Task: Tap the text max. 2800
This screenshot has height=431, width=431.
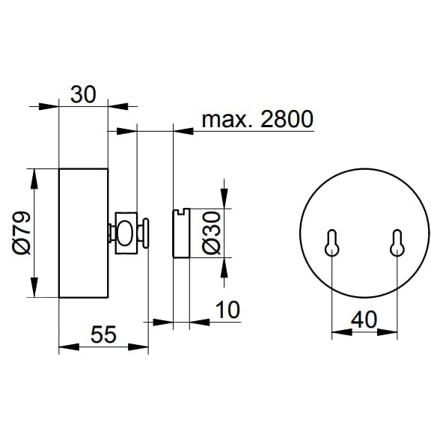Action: [257, 119]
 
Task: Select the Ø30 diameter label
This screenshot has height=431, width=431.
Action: [211, 233]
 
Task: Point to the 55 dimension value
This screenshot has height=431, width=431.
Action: [103, 334]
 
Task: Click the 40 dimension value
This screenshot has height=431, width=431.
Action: [364, 320]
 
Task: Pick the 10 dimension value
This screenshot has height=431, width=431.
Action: [227, 310]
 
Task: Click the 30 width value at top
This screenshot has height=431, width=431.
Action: [83, 94]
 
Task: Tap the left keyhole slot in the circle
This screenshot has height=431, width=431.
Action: [332, 242]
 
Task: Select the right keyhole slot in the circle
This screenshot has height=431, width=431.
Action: [397, 242]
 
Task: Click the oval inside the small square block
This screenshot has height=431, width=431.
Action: [126, 233]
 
